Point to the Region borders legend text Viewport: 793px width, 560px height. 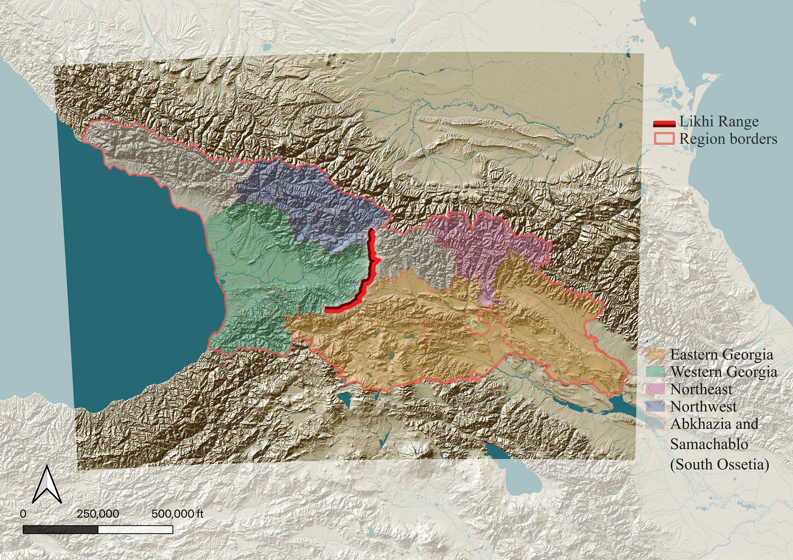pos(728,139)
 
